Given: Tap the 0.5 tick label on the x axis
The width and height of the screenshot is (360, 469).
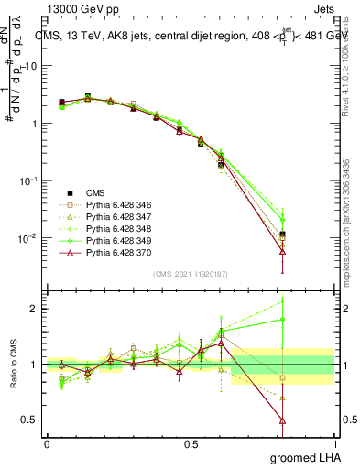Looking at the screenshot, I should click(x=191, y=443).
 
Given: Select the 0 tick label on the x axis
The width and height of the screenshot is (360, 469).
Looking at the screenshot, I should click(x=47, y=443).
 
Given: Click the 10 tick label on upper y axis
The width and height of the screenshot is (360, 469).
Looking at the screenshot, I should click(x=31, y=66).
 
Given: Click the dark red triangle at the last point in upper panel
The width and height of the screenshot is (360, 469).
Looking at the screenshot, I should click(x=283, y=250).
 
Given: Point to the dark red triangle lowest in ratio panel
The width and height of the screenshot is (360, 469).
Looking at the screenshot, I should click(x=283, y=420).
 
